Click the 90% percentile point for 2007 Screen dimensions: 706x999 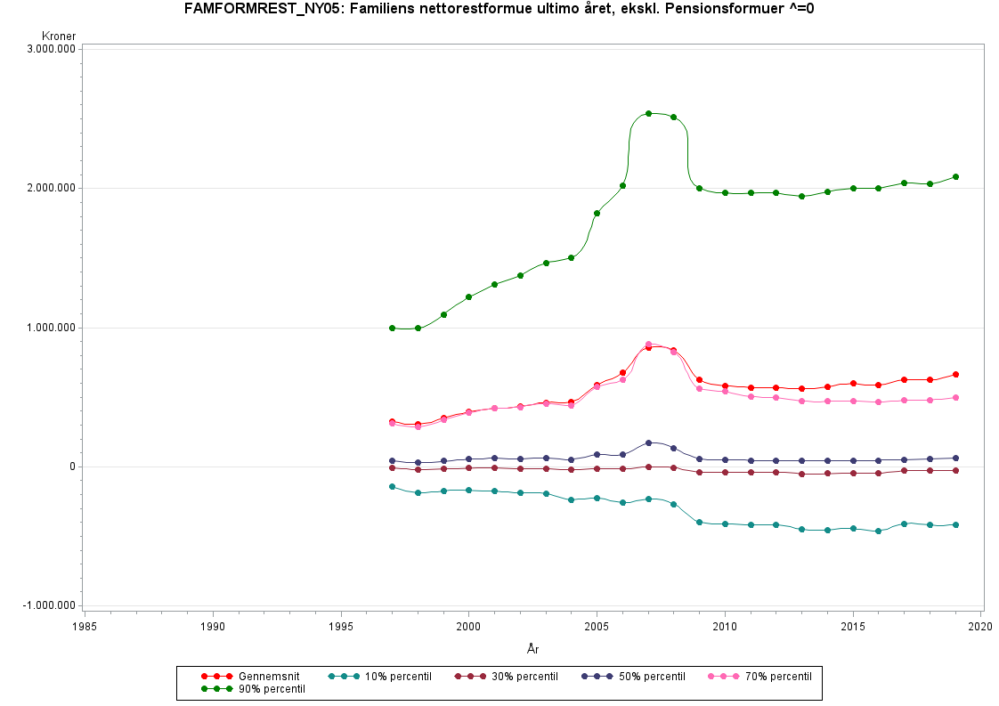pyautogui.click(x=648, y=113)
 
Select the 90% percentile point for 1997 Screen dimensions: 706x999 pyautogui.click(x=392, y=328)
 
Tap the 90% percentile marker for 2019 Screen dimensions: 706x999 pyautogui.click(x=955, y=176)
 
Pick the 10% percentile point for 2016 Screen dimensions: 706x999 pyautogui.click(x=879, y=531)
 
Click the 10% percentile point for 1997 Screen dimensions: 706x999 pyautogui.click(x=392, y=486)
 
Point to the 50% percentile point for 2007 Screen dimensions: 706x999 pyautogui.click(x=648, y=442)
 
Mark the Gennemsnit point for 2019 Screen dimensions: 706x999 pyautogui.click(x=955, y=374)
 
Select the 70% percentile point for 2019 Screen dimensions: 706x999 pyautogui.click(x=955, y=397)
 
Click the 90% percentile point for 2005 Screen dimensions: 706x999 pyautogui.click(x=597, y=213)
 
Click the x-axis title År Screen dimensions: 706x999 pyautogui.click(x=532, y=650)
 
